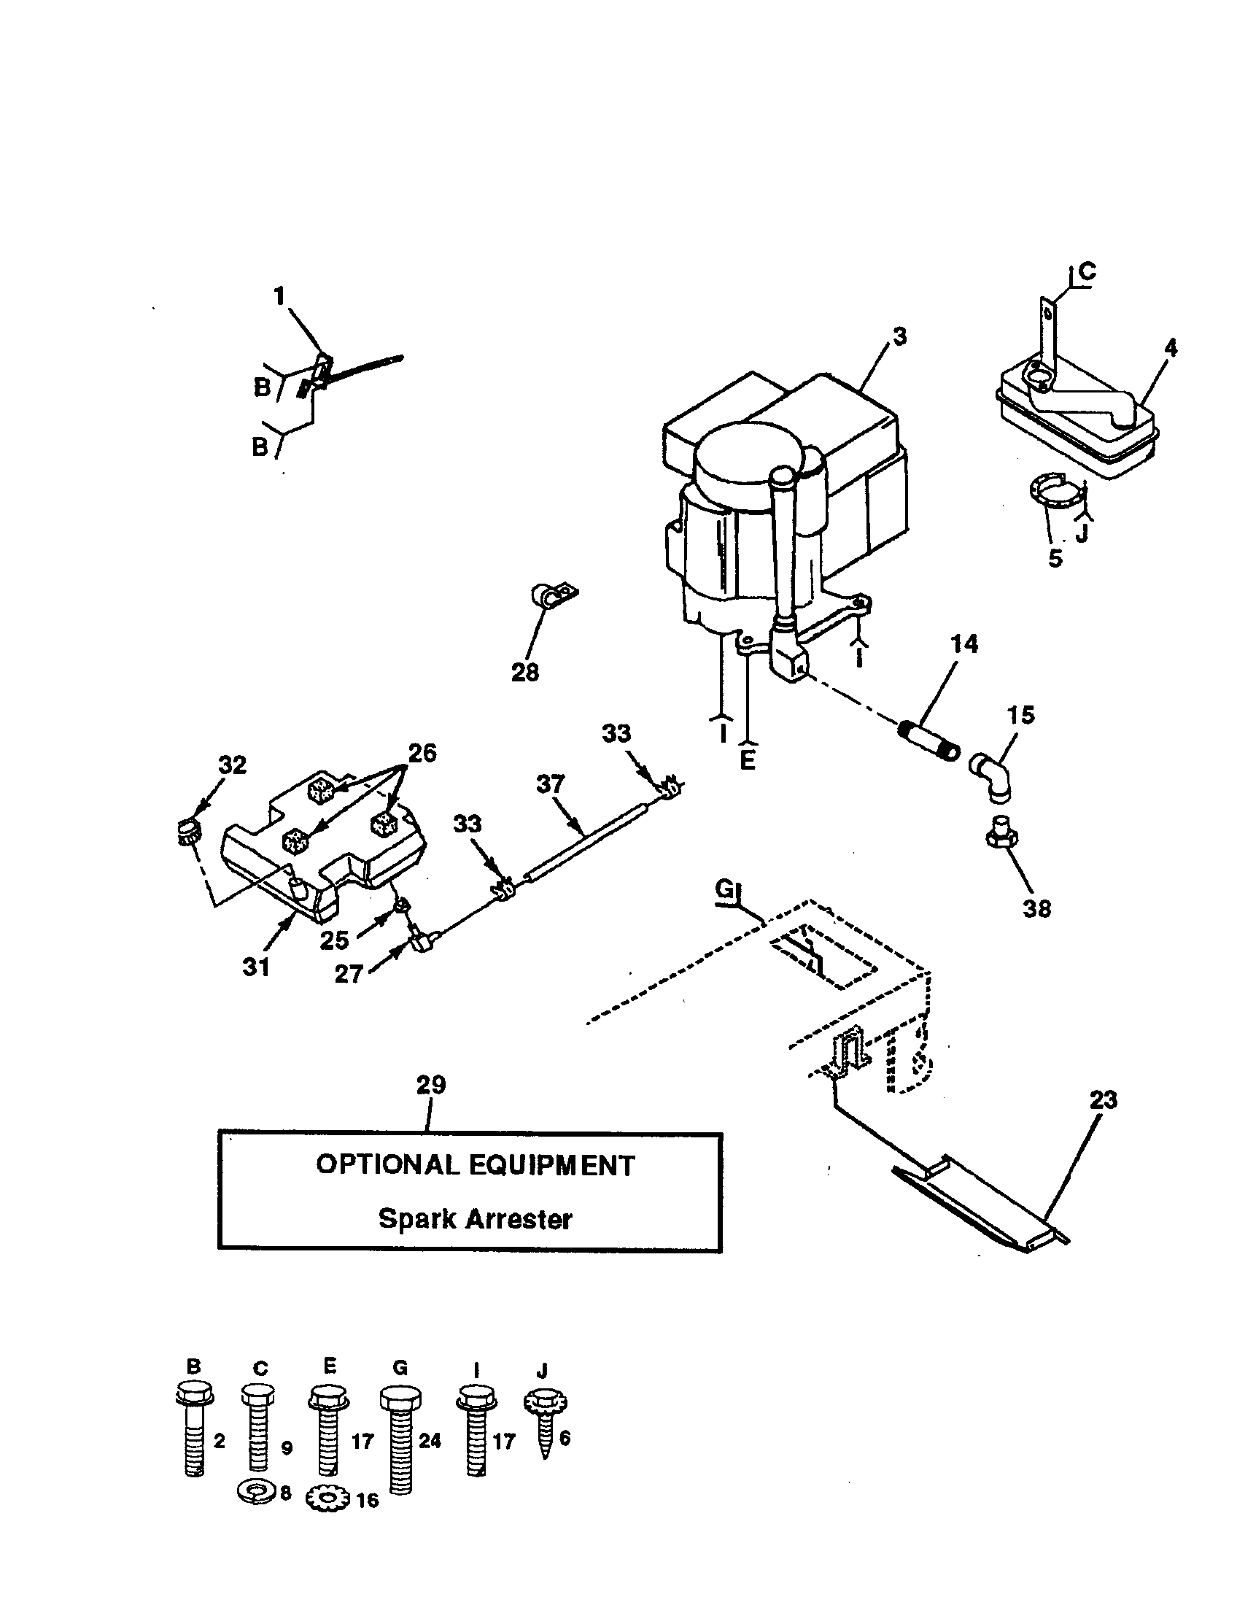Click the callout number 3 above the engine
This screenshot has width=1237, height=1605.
pyautogui.click(x=900, y=336)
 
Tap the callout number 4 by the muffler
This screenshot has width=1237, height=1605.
pyautogui.click(x=1171, y=347)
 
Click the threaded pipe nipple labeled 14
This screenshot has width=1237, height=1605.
pyautogui.click(x=929, y=740)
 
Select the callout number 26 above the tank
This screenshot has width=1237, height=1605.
pyautogui.click(x=422, y=754)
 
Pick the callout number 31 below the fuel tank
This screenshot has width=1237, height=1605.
pyautogui.click(x=256, y=967)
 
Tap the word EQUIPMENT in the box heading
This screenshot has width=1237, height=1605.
pyautogui.click(x=551, y=1166)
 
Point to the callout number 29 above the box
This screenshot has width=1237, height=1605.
pyautogui.click(x=431, y=1085)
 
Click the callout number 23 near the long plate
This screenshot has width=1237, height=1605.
pyautogui.click(x=1103, y=1100)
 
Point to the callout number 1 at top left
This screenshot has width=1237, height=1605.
pyautogui.click(x=279, y=296)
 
